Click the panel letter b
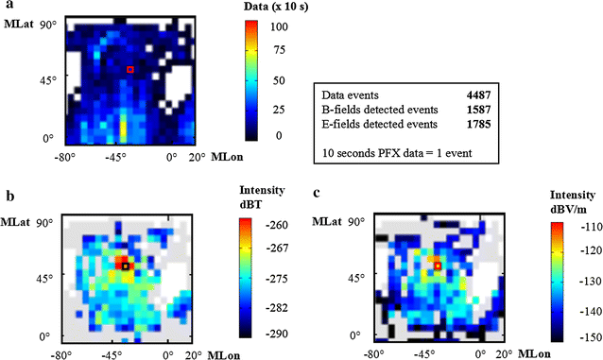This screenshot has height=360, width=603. (x=9, y=197)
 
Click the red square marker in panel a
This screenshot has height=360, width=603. (x=130, y=69)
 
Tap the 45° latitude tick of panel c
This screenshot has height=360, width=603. (x=356, y=279)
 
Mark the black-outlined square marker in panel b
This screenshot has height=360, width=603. (x=125, y=266)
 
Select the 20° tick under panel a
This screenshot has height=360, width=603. (x=198, y=157)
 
